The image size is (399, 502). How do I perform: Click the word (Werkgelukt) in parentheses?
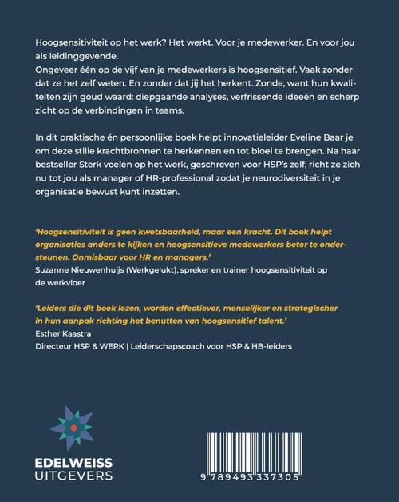click(x=170, y=273)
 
